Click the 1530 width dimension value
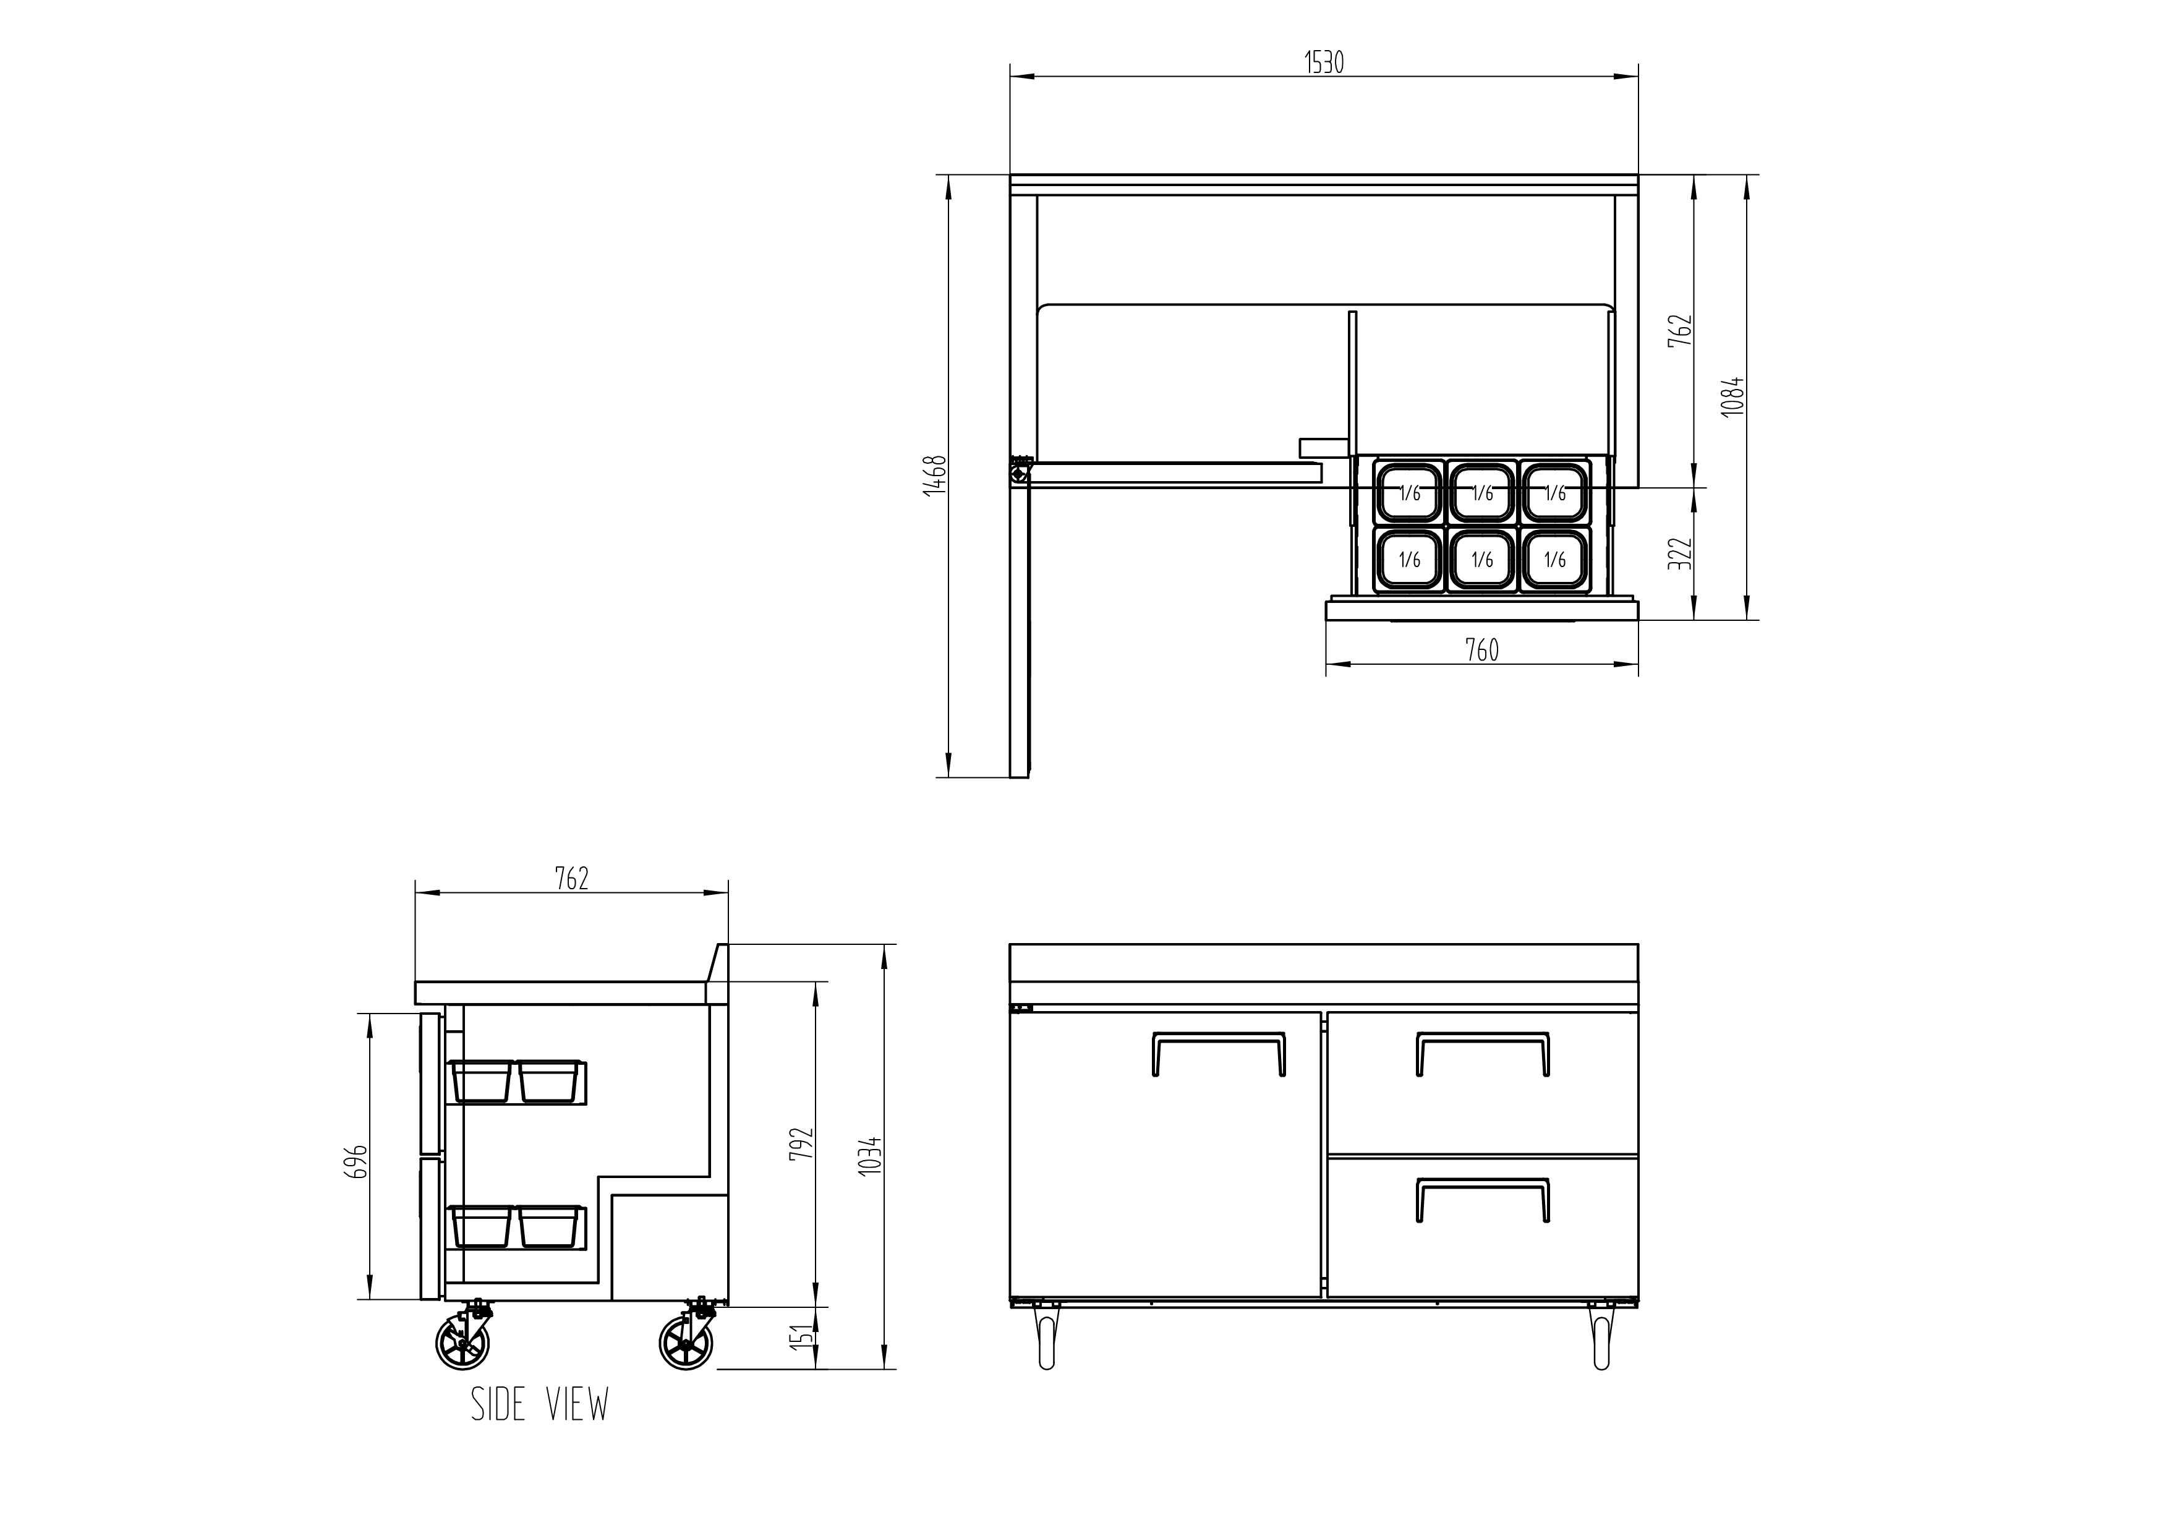click(x=1324, y=62)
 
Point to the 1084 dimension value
click(x=1732, y=397)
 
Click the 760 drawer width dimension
click(x=1481, y=650)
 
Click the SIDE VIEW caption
click(x=539, y=1404)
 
